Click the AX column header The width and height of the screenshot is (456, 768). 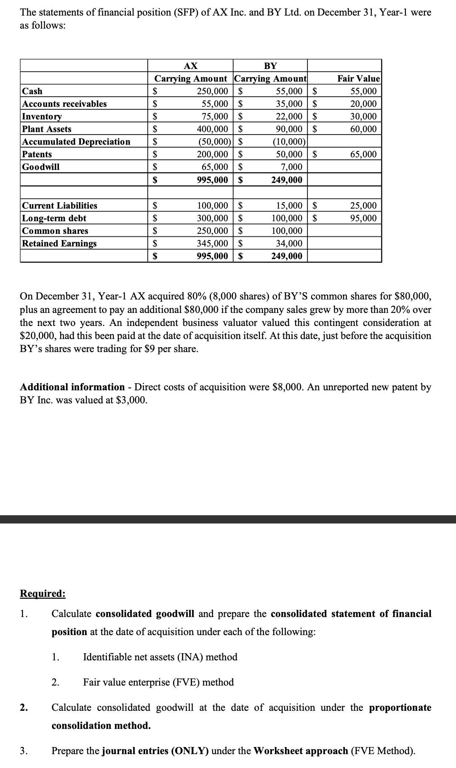(x=191, y=66)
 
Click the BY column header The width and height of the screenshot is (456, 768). (x=270, y=66)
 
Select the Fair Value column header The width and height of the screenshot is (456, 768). (x=358, y=79)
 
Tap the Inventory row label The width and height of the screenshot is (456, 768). (x=42, y=117)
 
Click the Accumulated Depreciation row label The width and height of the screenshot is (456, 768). (x=76, y=142)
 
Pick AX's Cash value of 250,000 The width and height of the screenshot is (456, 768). (x=212, y=91)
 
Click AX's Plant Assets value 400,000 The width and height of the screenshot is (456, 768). (x=212, y=129)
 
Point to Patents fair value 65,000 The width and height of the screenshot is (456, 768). (x=363, y=154)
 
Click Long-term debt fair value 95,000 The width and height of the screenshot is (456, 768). (x=363, y=218)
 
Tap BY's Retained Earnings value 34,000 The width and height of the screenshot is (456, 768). (x=289, y=244)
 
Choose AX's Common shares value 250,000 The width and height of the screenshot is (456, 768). (x=212, y=231)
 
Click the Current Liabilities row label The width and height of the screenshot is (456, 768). (x=59, y=206)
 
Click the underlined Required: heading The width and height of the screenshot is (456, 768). (x=43, y=593)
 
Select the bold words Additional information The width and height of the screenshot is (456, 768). (x=72, y=387)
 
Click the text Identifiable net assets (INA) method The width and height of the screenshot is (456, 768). (x=160, y=657)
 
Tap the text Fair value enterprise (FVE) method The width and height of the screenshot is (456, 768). (x=158, y=682)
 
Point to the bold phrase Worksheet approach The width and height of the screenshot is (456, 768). (x=301, y=751)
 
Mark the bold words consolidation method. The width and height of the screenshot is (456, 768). (x=101, y=726)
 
